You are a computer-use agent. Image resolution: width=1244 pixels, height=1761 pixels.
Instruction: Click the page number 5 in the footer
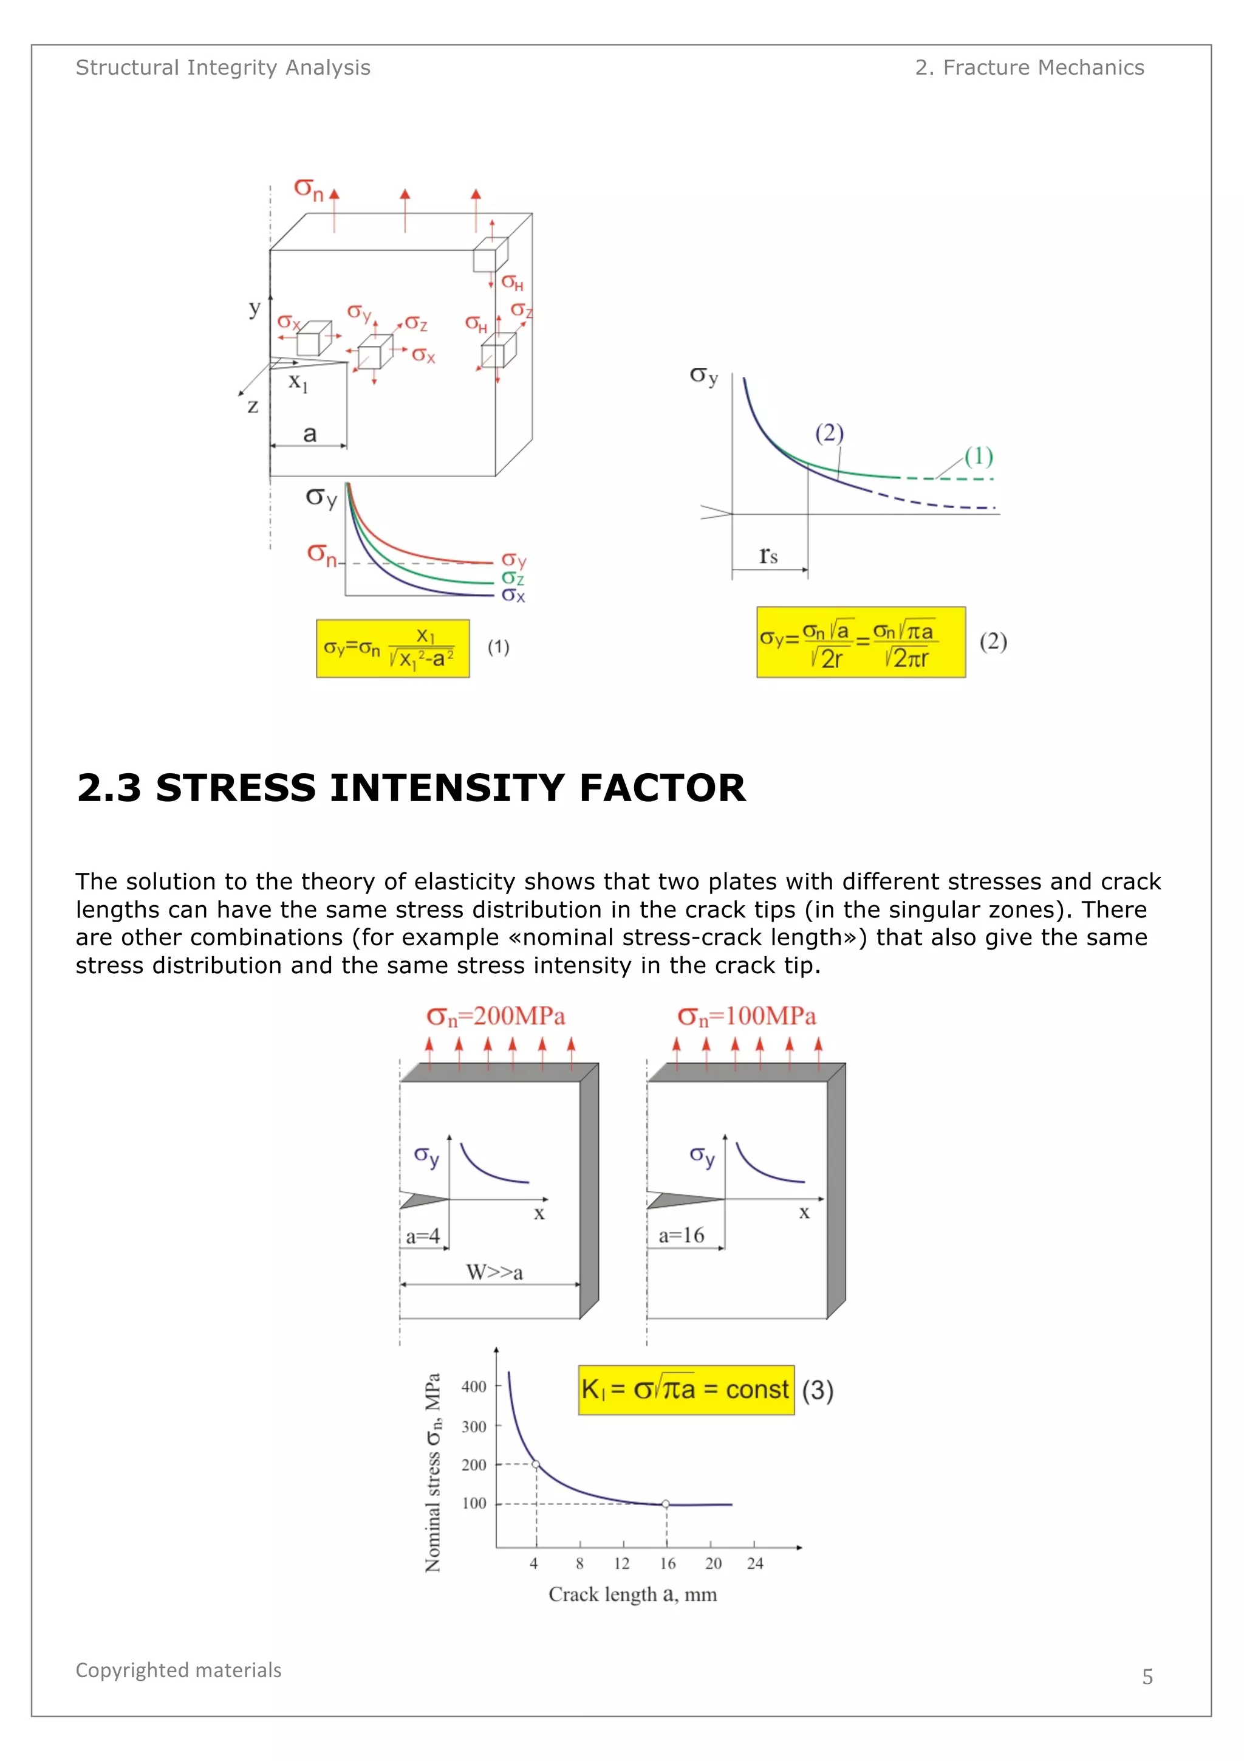pyautogui.click(x=1147, y=1676)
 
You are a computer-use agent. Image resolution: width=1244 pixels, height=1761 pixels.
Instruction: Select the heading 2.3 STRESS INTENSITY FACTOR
pyautogui.click(x=411, y=788)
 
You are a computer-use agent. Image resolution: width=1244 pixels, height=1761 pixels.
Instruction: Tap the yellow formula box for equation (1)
pyautogui.click(x=392, y=649)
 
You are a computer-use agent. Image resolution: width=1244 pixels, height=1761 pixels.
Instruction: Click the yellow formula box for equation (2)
pyautogui.click(x=860, y=643)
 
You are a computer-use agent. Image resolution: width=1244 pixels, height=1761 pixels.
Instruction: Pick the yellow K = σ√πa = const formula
pyautogui.click(x=685, y=1390)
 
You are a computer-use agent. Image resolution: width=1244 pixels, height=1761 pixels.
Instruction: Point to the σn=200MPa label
pyautogui.click(x=496, y=1017)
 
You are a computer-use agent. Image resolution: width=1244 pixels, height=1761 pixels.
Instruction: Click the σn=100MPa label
pyautogui.click(x=746, y=1017)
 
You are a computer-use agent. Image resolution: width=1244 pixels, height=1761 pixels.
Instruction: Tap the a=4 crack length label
pyautogui.click(x=422, y=1236)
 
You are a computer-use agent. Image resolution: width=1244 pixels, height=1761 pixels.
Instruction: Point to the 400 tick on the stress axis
pyautogui.click(x=474, y=1387)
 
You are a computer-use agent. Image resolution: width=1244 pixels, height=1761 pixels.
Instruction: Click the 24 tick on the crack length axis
pyautogui.click(x=755, y=1563)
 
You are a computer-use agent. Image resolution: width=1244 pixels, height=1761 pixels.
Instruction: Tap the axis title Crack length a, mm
pyautogui.click(x=632, y=1594)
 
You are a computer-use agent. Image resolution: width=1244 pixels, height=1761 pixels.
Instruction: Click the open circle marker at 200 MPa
pyautogui.click(x=536, y=1464)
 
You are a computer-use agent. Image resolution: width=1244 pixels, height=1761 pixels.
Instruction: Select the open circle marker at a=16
pyautogui.click(x=665, y=1504)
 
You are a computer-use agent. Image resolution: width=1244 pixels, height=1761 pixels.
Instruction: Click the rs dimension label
pyautogui.click(x=768, y=556)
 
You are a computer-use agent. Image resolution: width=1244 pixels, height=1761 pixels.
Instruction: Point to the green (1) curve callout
pyautogui.click(x=978, y=457)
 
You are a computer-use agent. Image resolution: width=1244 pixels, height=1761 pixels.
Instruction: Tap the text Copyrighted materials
pyautogui.click(x=179, y=1670)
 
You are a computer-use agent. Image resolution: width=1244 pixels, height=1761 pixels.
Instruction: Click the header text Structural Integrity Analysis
pyautogui.click(x=223, y=68)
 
